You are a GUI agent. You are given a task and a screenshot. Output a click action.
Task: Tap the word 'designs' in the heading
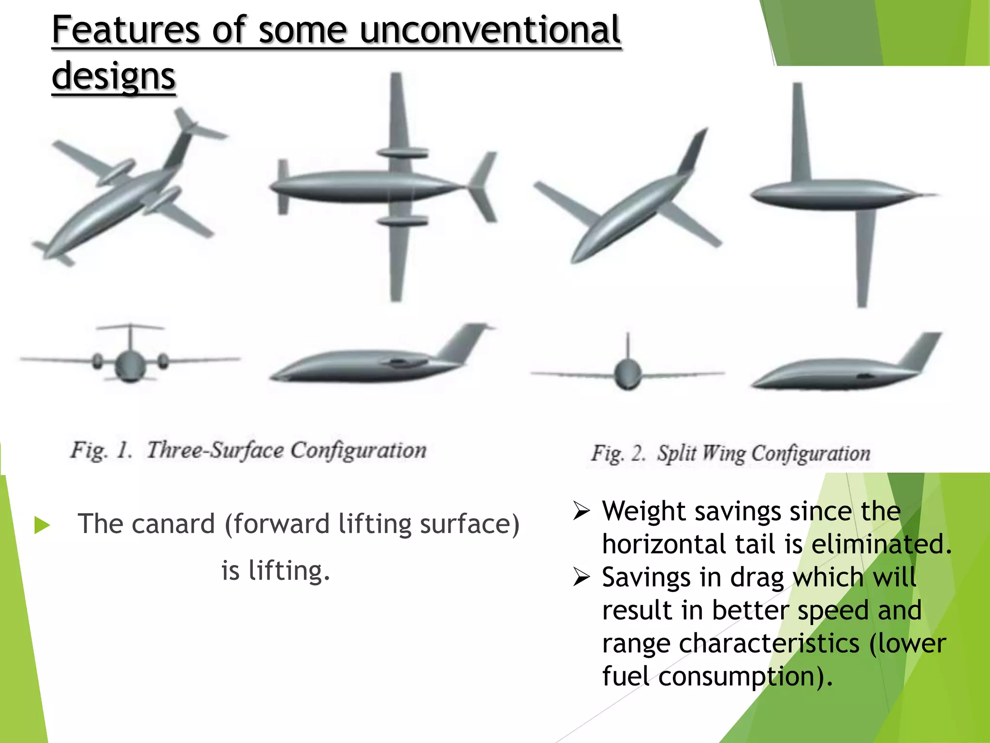[114, 76]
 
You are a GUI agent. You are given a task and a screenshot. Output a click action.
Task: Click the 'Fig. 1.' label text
[101, 451]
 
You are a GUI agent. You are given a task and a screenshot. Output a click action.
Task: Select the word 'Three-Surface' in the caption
[215, 451]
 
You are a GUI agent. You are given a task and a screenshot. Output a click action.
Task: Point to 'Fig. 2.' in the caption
[618, 454]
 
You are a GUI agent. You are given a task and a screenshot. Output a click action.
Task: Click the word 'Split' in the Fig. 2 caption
[677, 454]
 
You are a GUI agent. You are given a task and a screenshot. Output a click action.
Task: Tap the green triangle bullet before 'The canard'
[42, 525]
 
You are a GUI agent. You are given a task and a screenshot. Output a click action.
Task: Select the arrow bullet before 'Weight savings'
[581, 511]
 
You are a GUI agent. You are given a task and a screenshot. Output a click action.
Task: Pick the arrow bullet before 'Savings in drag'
[581, 578]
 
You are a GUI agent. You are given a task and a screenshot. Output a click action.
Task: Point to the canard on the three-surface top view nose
[283, 187]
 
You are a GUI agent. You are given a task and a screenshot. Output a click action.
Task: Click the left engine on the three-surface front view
[98, 361]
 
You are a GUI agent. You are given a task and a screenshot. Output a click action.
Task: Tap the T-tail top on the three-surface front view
[130, 327]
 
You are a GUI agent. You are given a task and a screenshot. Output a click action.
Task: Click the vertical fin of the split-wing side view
[921, 351]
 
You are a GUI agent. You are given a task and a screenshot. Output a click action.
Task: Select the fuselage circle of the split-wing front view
[627, 374]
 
